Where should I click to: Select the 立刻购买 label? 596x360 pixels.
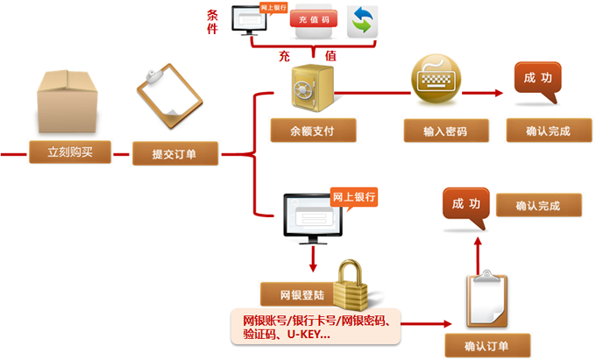(x=70, y=153)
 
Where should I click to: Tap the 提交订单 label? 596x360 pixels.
(x=174, y=154)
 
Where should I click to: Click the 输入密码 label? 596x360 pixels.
(x=444, y=132)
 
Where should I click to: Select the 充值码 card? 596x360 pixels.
(x=314, y=19)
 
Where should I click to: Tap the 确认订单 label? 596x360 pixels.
(x=476, y=343)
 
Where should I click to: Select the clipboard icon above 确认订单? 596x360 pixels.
(x=481, y=298)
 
